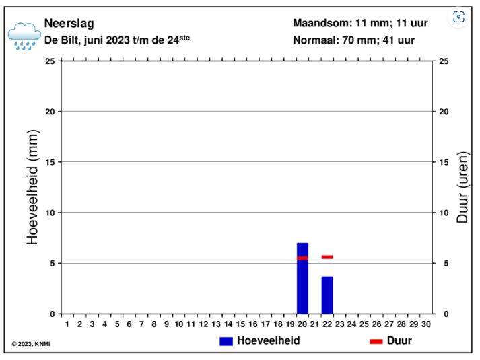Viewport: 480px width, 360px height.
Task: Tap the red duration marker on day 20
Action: point(302,258)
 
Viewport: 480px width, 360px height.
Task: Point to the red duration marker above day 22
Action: point(327,257)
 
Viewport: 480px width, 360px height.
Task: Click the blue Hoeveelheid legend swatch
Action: point(226,341)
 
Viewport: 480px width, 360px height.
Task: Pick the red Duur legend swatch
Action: point(376,341)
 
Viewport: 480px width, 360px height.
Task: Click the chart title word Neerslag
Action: point(69,24)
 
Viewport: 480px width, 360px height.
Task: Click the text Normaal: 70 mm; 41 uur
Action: point(353,40)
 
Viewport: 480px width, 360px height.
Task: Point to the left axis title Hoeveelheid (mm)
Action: point(33,186)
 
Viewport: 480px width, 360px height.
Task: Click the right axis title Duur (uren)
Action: point(462,186)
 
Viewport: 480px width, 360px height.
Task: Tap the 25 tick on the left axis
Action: point(50,61)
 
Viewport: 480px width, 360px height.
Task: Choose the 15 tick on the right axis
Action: point(444,162)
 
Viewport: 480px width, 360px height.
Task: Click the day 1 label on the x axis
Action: point(67,324)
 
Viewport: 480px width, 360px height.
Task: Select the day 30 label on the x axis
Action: point(426,324)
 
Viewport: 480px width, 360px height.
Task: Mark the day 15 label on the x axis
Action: point(240,324)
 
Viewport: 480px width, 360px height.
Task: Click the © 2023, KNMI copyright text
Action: point(31,345)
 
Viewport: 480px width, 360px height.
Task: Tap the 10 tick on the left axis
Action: point(50,213)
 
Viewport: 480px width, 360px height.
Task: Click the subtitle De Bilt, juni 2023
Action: point(116,40)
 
